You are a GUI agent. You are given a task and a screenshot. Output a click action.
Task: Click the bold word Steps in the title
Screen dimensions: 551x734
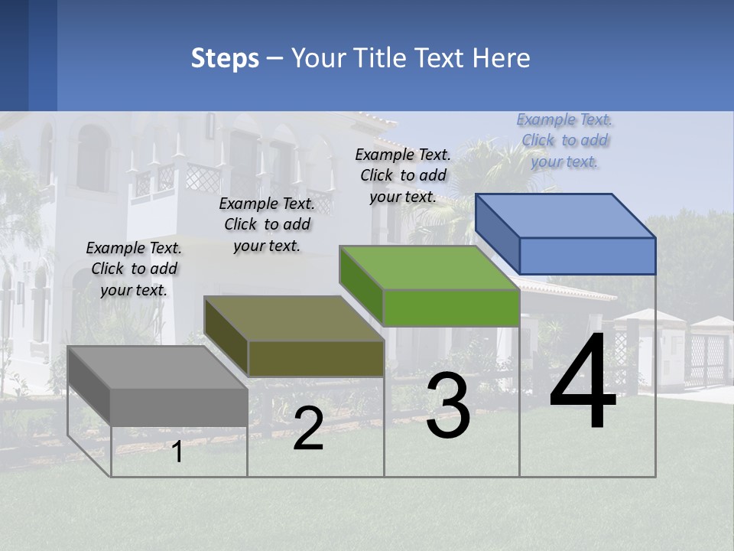(225, 58)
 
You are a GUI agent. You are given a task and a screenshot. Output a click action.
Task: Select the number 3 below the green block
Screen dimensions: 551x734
(447, 406)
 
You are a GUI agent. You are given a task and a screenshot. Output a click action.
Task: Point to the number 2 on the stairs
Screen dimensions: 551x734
(308, 429)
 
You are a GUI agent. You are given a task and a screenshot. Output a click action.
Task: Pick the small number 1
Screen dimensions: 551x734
(177, 452)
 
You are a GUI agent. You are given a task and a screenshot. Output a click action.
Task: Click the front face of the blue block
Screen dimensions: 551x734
(587, 256)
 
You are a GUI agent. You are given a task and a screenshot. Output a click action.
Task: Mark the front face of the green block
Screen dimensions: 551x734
(451, 308)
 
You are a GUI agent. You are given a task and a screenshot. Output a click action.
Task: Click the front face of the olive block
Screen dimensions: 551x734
(316, 358)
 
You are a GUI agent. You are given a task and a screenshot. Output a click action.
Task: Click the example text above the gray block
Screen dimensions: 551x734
(134, 269)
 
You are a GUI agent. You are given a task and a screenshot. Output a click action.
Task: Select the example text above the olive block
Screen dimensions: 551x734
(267, 225)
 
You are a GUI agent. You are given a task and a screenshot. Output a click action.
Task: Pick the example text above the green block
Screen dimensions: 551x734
(403, 175)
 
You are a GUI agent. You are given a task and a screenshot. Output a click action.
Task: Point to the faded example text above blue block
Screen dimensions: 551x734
(564, 141)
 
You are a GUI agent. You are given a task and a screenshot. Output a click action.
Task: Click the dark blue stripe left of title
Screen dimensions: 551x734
(42, 55)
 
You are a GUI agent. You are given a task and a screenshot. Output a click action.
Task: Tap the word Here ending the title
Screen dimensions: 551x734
(502, 58)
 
